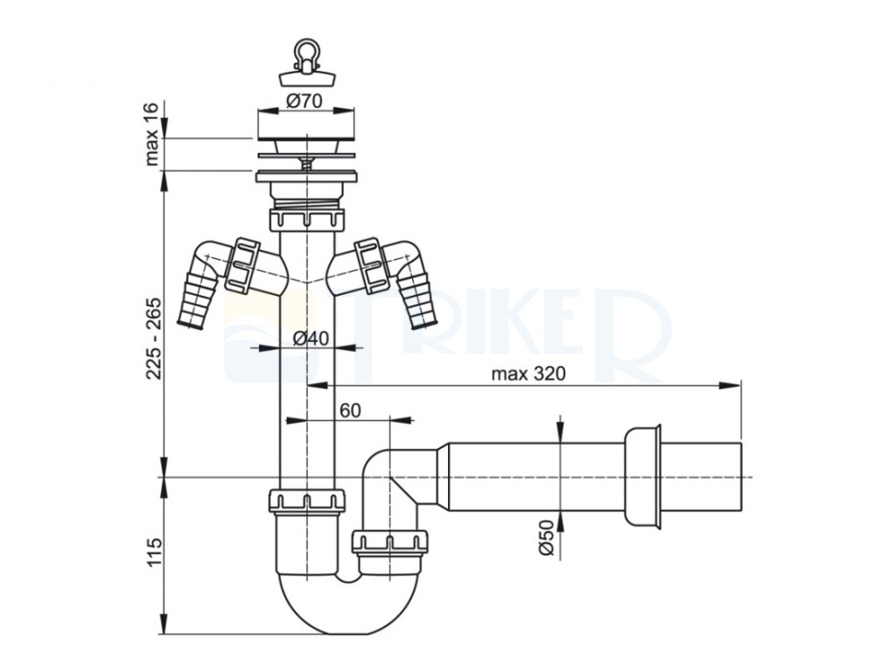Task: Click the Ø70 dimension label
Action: coord(304,101)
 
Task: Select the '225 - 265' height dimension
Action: coord(154,339)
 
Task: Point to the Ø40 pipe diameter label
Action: coord(311,339)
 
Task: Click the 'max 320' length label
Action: coord(528,374)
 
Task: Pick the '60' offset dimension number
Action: coord(350,410)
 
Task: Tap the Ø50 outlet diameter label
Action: coord(546,538)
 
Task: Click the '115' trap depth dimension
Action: coord(154,552)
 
